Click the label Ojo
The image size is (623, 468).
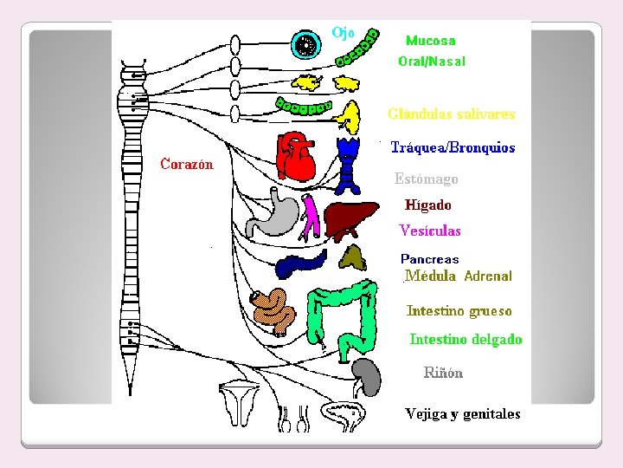[343, 33]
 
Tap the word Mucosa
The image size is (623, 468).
[430, 41]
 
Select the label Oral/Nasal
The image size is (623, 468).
[431, 62]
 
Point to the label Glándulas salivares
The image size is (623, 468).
[451, 114]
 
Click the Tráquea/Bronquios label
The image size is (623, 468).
[453, 148]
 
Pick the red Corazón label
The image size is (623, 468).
[187, 164]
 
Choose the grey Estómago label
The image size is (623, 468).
[426, 179]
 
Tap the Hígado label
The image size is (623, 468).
[427, 205]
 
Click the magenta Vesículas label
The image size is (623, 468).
[430, 231]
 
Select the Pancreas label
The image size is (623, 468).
[429, 259]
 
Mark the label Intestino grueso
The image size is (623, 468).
[459, 310]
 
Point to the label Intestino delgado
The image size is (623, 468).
[466, 339]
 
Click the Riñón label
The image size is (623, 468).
[443, 373]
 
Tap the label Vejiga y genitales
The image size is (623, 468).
[463, 413]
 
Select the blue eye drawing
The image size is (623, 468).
[305, 44]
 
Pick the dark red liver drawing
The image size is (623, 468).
[351, 216]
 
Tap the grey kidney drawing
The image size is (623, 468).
[367, 377]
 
